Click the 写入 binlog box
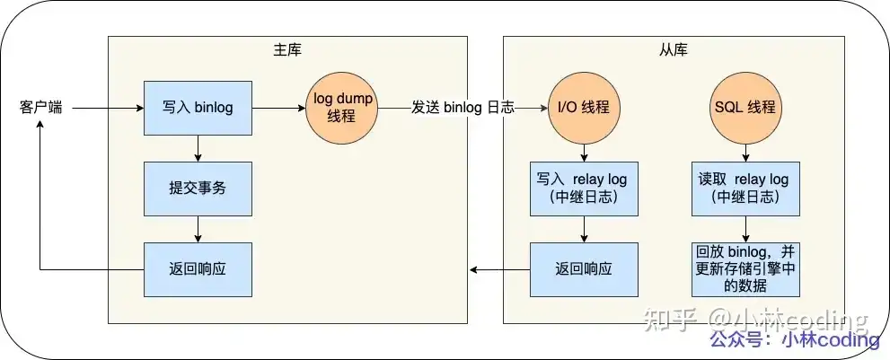198,108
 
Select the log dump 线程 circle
343,108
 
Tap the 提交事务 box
198,189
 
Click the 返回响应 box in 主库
198,268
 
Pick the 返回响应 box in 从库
584,268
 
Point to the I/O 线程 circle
584,108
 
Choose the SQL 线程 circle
745,108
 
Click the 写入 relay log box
584,189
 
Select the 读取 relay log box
745,189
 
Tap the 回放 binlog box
745,268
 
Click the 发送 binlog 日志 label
463,108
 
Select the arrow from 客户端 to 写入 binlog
108,108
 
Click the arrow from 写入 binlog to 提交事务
198,148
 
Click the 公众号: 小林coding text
794,340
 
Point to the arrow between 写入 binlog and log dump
278,108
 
